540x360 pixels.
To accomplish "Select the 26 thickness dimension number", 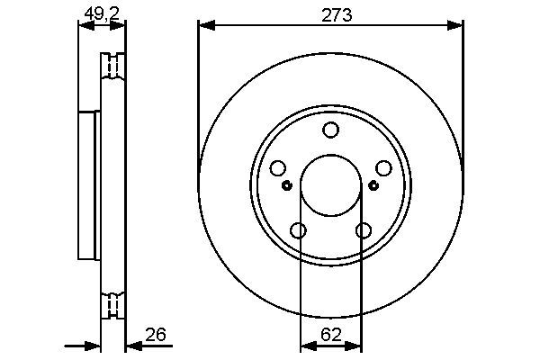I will (x=156, y=335).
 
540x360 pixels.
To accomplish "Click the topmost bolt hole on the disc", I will (x=330, y=130).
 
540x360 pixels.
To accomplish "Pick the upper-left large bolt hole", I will (x=277, y=168).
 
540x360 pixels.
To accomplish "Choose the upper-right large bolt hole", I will (x=383, y=168).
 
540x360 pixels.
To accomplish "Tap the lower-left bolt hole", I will (x=298, y=230).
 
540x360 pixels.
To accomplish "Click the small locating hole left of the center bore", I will (x=287, y=186).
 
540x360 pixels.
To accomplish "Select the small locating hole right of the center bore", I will (x=373, y=186).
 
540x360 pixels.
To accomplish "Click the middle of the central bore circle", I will (x=330, y=185).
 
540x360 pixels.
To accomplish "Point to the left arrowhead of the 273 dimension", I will (x=204, y=26).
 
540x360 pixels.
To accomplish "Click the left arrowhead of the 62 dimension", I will (x=304, y=344).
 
